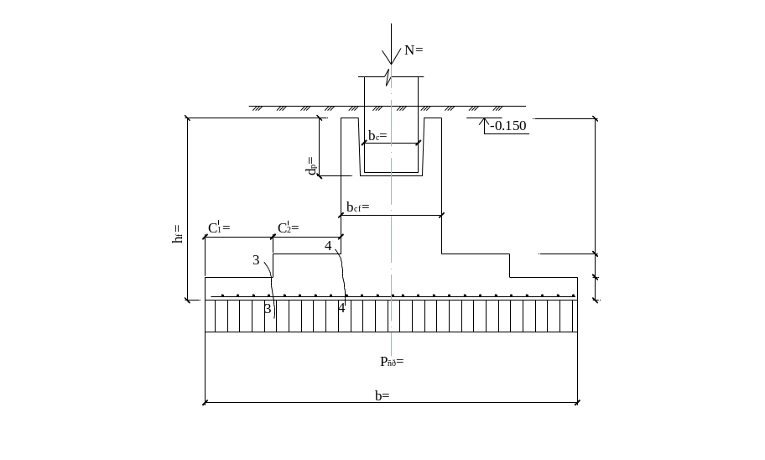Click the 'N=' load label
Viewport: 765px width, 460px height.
[414, 50]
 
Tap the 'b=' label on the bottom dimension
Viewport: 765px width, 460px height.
[382, 395]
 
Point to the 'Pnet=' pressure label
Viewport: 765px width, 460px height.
[391, 363]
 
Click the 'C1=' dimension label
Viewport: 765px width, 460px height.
[219, 228]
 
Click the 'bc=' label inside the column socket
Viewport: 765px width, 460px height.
[377, 135]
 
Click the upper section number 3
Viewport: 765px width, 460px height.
[257, 260]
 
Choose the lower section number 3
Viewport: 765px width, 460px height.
[268, 308]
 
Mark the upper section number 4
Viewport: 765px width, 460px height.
[328, 246]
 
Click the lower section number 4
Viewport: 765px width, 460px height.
[341, 308]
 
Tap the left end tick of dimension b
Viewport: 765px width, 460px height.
[206, 404]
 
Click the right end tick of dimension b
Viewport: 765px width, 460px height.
[576, 404]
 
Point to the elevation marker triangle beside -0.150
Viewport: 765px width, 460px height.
[482, 125]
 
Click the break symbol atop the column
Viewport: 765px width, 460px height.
[388, 81]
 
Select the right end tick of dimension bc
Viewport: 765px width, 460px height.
[421, 144]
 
